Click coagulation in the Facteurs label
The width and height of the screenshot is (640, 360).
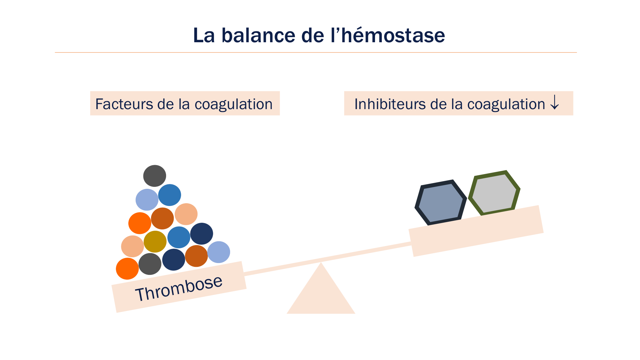tap(233, 104)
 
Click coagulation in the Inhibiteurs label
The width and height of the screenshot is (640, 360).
tap(506, 104)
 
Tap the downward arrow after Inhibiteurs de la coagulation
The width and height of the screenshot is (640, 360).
tap(555, 103)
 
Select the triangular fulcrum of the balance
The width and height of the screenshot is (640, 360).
tap(321, 294)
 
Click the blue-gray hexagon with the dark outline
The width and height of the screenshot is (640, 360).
tap(441, 202)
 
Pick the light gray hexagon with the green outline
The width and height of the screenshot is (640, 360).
tap(494, 193)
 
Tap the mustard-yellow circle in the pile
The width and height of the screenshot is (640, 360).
tap(155, 242)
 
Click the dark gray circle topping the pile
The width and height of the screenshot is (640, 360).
tap(155, 176)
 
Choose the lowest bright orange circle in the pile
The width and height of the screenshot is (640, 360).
tap(127, 269)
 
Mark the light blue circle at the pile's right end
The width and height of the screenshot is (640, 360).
tap(219, 252)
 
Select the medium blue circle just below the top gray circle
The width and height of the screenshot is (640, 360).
tap(170, 195)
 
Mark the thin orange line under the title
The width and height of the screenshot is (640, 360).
tap(316, 52)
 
